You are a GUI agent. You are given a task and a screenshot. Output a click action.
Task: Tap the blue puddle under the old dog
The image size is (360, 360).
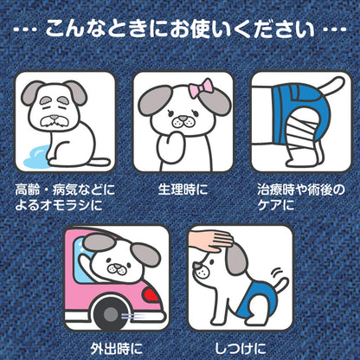(x=36, y=157)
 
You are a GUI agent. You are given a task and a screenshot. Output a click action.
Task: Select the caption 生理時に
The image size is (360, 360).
(x=183, y=190)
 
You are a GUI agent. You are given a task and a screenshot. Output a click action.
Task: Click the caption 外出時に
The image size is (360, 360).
(x=116, y=349)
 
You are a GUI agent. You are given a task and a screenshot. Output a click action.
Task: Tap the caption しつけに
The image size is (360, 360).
(x=241, y=349)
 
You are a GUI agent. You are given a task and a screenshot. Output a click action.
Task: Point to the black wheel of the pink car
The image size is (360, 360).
(x=110, y=314)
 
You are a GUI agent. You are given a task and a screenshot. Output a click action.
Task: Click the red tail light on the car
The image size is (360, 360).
(x=151, y=294)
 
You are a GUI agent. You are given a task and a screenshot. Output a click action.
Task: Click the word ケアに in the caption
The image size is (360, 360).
(x=276, y=205)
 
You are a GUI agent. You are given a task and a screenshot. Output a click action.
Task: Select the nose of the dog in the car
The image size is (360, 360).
(x=117, y=266)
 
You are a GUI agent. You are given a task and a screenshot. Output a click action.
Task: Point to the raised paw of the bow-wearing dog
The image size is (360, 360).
(x=167, y=143)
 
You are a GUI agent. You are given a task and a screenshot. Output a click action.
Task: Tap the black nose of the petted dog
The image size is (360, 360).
(x=196, y=265)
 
